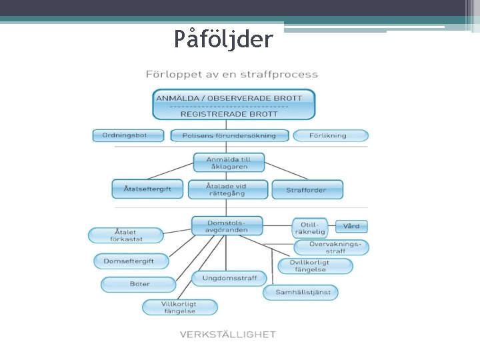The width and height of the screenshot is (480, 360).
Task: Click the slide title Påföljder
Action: pyautogui.click(x=223, y=39)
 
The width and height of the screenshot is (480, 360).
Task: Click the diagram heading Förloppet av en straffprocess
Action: pyautogui.click(x=232, y=74)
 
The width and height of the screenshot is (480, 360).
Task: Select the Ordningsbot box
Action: pyautogui.click(x=129, y=135)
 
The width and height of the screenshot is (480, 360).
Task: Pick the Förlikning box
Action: pyautogui.click(x=330, y=135)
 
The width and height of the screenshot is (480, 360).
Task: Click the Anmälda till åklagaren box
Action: pyautogui.click(x=229, y=162)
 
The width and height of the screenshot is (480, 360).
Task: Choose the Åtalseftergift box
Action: pyautogui.click(x=147, y=189)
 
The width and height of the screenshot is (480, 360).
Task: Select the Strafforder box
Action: pyautogui.click(x=307, y=189)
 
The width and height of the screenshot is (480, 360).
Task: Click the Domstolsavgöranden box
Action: pyautogui.click(x=228, y=226)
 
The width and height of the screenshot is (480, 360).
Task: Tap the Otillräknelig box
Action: pyautogui.click(x=310, y=227)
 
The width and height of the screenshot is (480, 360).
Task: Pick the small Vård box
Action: pyautogui.click(x=351, y=226)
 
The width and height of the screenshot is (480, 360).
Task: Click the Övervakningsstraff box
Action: pyautogui.click(x=330, y=247)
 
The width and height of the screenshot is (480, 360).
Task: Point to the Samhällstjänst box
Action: pyautogui.click(x=301, y=292)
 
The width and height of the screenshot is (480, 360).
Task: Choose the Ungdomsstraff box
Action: pyautogui.click(x=229, y=278)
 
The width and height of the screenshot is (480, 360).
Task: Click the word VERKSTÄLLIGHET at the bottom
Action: pyautogui.click(x=227, y=335)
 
